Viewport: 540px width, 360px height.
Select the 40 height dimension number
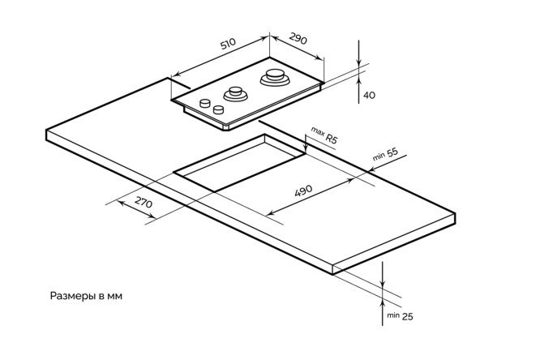click(369, 96)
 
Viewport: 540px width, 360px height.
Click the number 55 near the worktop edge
click(392, 152)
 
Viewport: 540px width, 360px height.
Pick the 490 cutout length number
click(302, 192)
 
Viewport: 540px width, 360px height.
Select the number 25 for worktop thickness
click(407, 315)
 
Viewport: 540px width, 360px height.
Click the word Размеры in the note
click(71, 296)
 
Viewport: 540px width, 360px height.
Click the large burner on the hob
click(272, 79)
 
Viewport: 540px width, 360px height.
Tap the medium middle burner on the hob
click(235, 92)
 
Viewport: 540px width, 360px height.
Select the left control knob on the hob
click(205, 103)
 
